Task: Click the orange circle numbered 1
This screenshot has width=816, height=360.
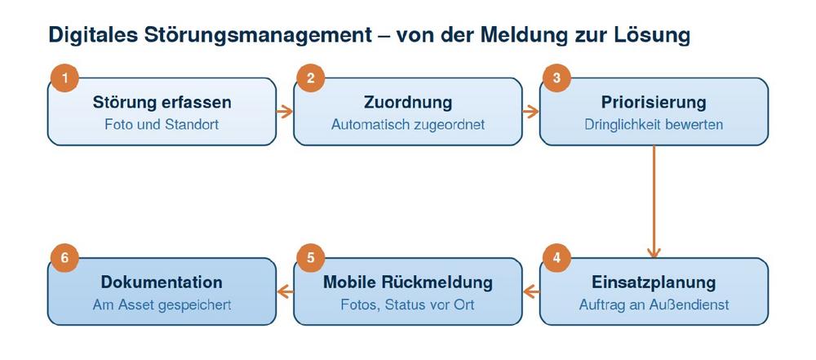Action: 65,78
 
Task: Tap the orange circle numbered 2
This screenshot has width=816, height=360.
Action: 311,78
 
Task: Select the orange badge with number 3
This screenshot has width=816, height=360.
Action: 557,78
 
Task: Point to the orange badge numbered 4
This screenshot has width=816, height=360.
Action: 557,259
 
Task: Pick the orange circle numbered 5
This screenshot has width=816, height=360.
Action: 311,259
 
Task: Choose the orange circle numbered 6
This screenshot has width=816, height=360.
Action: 65,259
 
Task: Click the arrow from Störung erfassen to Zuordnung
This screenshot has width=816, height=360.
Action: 285,112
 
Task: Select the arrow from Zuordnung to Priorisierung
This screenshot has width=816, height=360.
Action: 531,112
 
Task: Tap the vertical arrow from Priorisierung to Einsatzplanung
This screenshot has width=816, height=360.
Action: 654,202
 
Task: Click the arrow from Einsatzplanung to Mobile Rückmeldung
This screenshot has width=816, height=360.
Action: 531,291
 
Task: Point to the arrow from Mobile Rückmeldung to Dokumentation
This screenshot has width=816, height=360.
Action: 285,291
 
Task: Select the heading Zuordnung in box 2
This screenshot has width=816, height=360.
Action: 408,103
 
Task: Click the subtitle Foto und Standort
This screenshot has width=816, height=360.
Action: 162,125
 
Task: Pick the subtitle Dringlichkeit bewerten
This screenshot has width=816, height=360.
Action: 654,125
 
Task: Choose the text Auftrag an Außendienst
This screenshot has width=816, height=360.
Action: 654,304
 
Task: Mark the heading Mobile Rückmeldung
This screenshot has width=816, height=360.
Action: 408,282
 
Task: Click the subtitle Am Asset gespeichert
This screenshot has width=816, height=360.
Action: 162,305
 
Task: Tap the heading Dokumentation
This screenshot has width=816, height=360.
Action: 162,282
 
